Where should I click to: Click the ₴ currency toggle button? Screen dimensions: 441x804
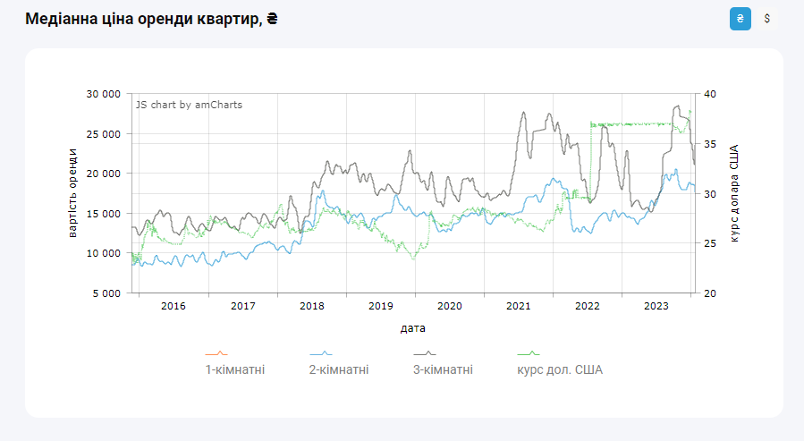click(740, 19)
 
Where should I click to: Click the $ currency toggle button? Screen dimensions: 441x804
click(766, 19)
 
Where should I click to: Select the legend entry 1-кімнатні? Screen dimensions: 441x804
click(235, 369)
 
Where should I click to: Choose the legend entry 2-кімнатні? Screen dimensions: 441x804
click(339, 369)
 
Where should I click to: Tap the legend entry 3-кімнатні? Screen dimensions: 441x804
click(443, 369)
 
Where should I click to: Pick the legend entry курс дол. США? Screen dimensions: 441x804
click(560, 369)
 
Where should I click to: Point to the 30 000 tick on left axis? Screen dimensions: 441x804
click(103, 94)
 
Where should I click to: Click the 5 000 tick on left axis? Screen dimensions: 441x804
click(106, 293)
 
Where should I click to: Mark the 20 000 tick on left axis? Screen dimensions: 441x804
click(103, 174)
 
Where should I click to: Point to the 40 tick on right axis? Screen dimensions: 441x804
click(711, 94)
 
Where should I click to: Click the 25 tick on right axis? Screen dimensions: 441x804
click(711, 243)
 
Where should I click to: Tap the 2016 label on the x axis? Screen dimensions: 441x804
click(173, 306)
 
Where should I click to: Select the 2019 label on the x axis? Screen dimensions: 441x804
click(380, 306)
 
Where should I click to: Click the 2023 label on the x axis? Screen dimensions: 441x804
click(656, 306)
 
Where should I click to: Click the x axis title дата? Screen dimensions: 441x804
click(413, 328)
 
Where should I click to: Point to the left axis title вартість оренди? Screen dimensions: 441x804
click(72, 193)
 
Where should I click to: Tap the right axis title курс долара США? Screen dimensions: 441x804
click(734, 193)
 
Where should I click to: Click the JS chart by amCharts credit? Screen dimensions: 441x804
click(189, 105)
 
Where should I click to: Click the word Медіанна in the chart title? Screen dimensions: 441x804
click(61, 19)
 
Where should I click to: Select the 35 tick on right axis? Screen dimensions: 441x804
click(711, 144)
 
